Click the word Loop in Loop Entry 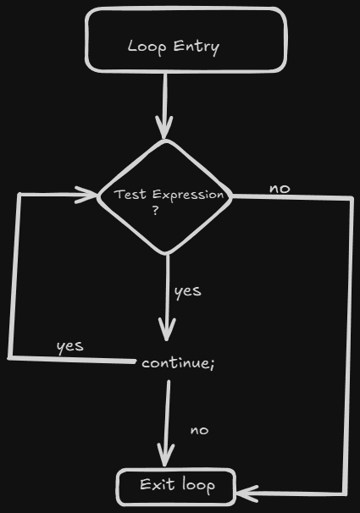click(x=147, y=47)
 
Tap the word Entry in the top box click(x=197, y=47)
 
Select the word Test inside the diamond click(x=130, y=195)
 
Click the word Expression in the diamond click(x=188, y=196)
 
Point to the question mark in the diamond click(x=156, y=210)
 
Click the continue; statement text click(x=179, y=363)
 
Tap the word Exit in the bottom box click(x=157, y=484)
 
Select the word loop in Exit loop click(x=199, y=485)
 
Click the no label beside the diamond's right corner click(x=280, y=189)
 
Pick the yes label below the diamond click(x=188, y=291)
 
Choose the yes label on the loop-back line click(x=70, y=347)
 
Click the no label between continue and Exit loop click(x=199, y=430)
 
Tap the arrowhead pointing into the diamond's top click(x=164, y=127)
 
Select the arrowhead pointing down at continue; click(x=167, y=329)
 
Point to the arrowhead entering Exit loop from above click(x=166, y=455)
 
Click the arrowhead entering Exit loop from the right click(x=247, y=494)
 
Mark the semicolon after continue click(x=213, y=365)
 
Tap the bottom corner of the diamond click(x=166, y=254)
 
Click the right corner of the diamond click(x=231, y=196)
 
